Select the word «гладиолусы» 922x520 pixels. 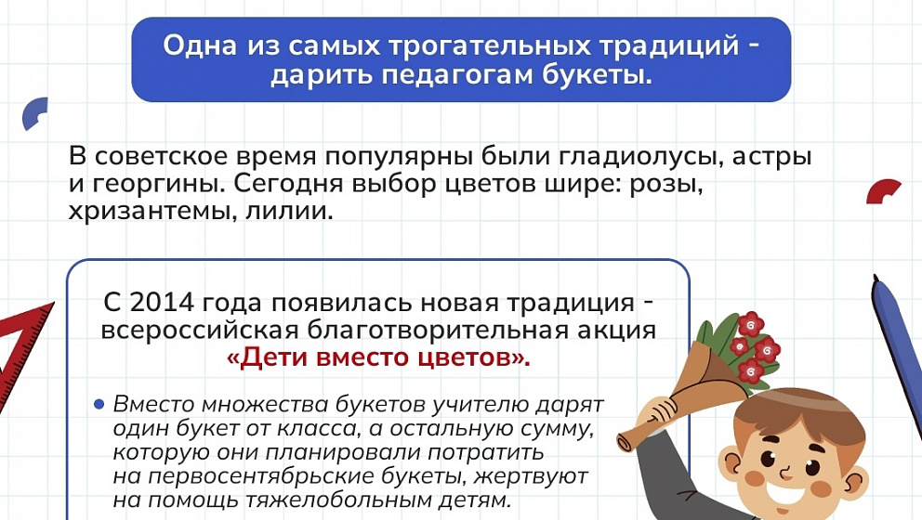tap(640, 157)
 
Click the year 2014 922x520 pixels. tap(163, 304)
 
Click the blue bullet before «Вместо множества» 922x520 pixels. tap(99, 404)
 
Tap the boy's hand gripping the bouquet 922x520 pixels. tap(656, 409)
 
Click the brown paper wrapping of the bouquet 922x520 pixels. tap(677, 399)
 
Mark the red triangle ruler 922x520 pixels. tap(20, 358)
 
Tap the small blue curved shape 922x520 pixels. tap(34, 112)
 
